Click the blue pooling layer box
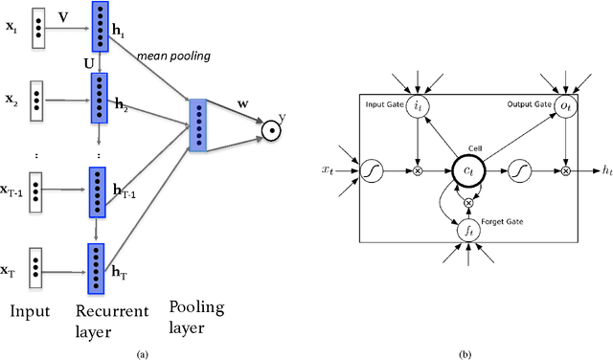point(197,125)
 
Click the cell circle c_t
point(490,170)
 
